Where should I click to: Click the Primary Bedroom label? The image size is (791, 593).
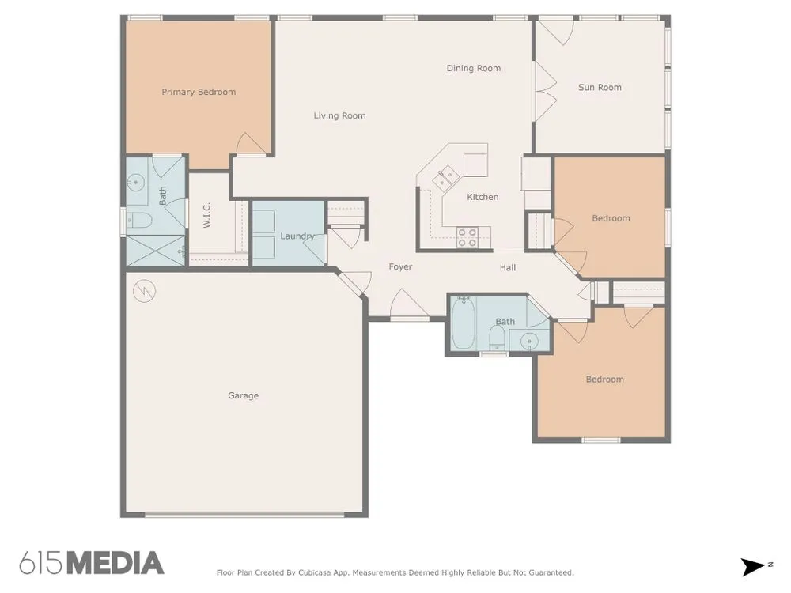click(x=199, y=92)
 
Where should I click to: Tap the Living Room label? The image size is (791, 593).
click(x=339, y=115)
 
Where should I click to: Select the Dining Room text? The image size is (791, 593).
click(x=474, y=68)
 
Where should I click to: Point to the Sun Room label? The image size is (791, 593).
click(x=600, y=87)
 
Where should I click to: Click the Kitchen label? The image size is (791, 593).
click(x=483, y=197)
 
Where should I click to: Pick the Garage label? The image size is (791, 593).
click(x=243, y=396)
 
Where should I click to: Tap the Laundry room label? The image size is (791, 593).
click(x=297, y=236)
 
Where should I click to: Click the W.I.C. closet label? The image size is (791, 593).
click(x=206, y=215)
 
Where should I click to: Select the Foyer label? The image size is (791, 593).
click(x=400, y=266)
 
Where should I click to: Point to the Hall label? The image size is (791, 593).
click(x=508, y=267)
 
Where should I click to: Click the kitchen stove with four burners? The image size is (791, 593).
click(x=467, y=237)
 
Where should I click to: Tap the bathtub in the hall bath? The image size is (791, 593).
click(x=463, y=323)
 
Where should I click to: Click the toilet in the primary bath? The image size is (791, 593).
click(x=138, y=220)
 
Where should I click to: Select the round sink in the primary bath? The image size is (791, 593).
click(x=135, y=183)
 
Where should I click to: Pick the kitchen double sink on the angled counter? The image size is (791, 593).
click(x=446, y=177)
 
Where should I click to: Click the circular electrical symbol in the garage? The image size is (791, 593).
click(x=144, y=290)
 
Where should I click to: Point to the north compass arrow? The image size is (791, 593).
click(x=753, y=567)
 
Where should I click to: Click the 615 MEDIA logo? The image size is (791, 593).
click(x=92, y=563)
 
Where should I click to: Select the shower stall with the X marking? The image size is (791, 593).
click(x=155, y=251)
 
